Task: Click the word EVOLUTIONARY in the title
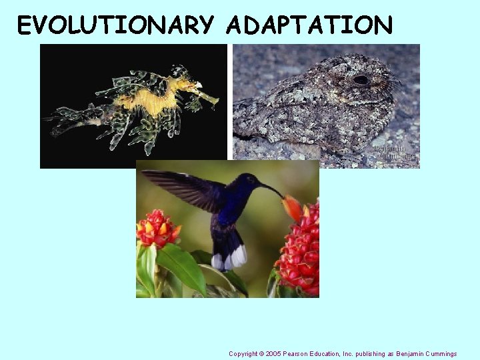pyautogui.click(x=115, y=25)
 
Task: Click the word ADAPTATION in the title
pyautogui.click(x=309, y=25)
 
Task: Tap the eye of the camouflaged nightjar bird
pyautogui.click(x=361, y=80)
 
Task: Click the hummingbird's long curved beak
pyautogui.click(x=273, y=190)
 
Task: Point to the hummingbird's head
pyautogui.click(x=249, y=182)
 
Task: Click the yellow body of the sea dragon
pyautogui.click(x=160, y=101)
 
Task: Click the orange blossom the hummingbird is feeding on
pyautogui.click(x=292, y=207)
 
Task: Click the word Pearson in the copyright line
pyautogui.click(x=295, y=353)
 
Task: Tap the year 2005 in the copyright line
pyautogui.click(x=273, y=353)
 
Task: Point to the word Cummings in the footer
pyautogui.click(x=439, y=353)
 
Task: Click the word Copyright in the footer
pyautogui.click(x=243, y=353)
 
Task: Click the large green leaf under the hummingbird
pyautogui.click(x=182, y=267)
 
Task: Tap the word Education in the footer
pyautogui.click(x=329, y=353)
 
